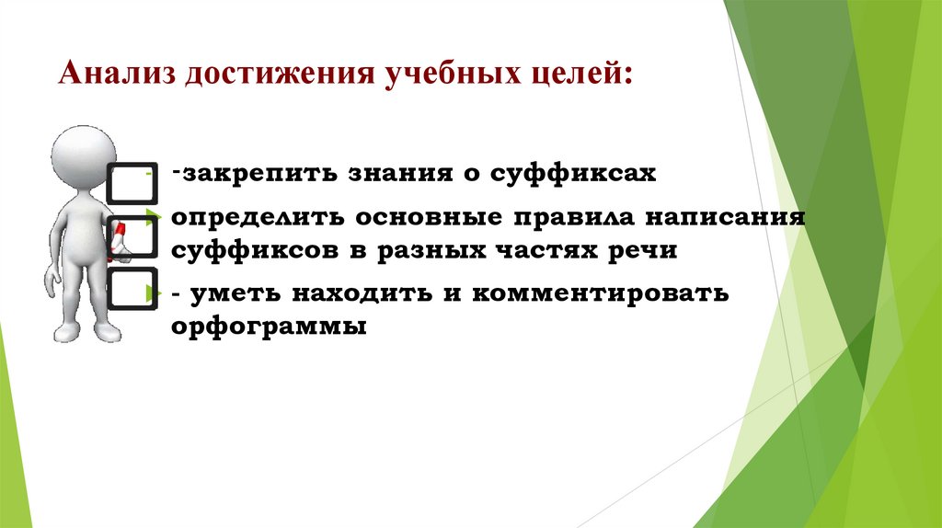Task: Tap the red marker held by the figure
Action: (118, 237)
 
